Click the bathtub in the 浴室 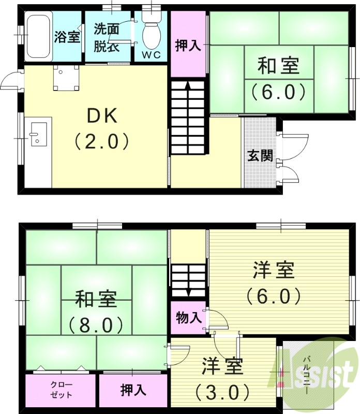point(38,36)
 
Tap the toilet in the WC point(152,33)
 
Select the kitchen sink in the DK point(38,134)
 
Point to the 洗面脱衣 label point(107,37)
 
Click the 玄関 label point(260,155)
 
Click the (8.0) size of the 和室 point(96,325)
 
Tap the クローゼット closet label point(62,390)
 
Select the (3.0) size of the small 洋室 point(222,392)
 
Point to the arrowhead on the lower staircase point(188,293)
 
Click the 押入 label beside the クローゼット point(133,390)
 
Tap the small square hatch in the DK point(66,78)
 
